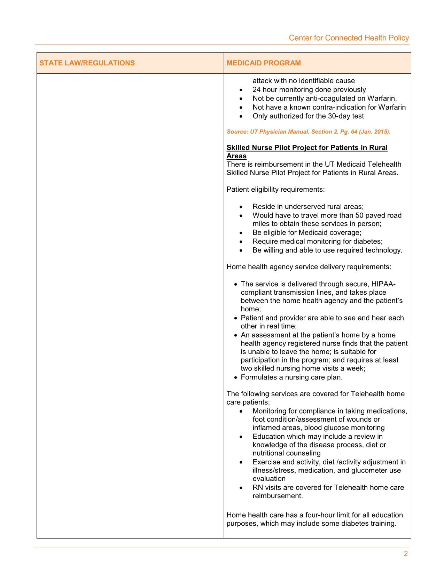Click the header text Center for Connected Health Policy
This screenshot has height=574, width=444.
(x=349, y=38)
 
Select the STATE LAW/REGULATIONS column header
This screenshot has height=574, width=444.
(x=87, y=63)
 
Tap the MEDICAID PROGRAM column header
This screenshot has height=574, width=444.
(x=264, y=63)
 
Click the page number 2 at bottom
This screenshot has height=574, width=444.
(x=406, y=554)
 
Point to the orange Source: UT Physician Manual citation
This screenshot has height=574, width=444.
(x=308, y=132)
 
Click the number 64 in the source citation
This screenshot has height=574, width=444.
(x=355, y=132)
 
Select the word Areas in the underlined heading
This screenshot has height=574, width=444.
(x=236, y=156)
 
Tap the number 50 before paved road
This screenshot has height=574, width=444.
(x=360, y=216)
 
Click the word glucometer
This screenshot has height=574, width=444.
(x=360, y=470)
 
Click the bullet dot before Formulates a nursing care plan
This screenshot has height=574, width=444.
(x=236, y=377)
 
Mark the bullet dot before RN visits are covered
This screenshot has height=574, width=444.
(x=241, y=488)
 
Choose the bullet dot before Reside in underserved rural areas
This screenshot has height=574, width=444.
(x=241, y=207)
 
